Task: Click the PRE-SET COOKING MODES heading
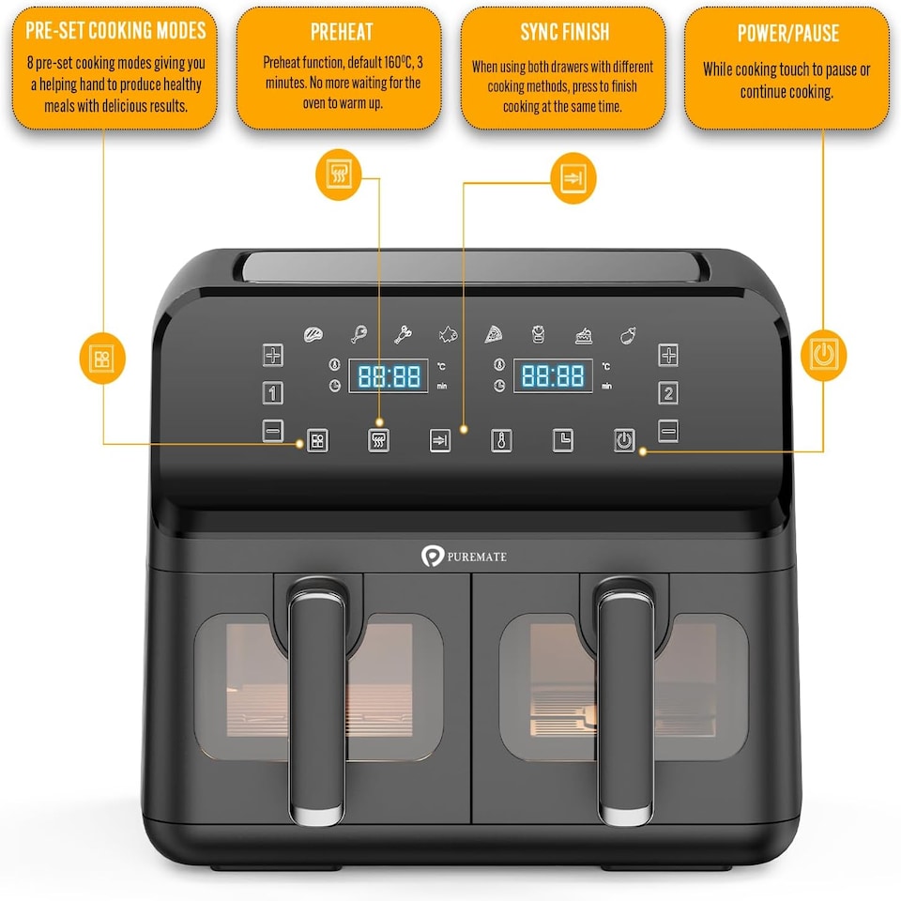click(x=115, y=31)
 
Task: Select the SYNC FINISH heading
click(x=564, y=33)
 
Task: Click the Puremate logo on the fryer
click(x=466, y=557)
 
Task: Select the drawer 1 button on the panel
click(x=272, y=392)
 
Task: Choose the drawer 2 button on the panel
click(x=667, y=392)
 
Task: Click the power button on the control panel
click(x=624, y=440)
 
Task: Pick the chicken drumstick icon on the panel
click(x=359, y=334)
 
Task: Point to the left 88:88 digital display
click(x=389, y=376)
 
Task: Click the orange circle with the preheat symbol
click(x=339, y=174)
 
